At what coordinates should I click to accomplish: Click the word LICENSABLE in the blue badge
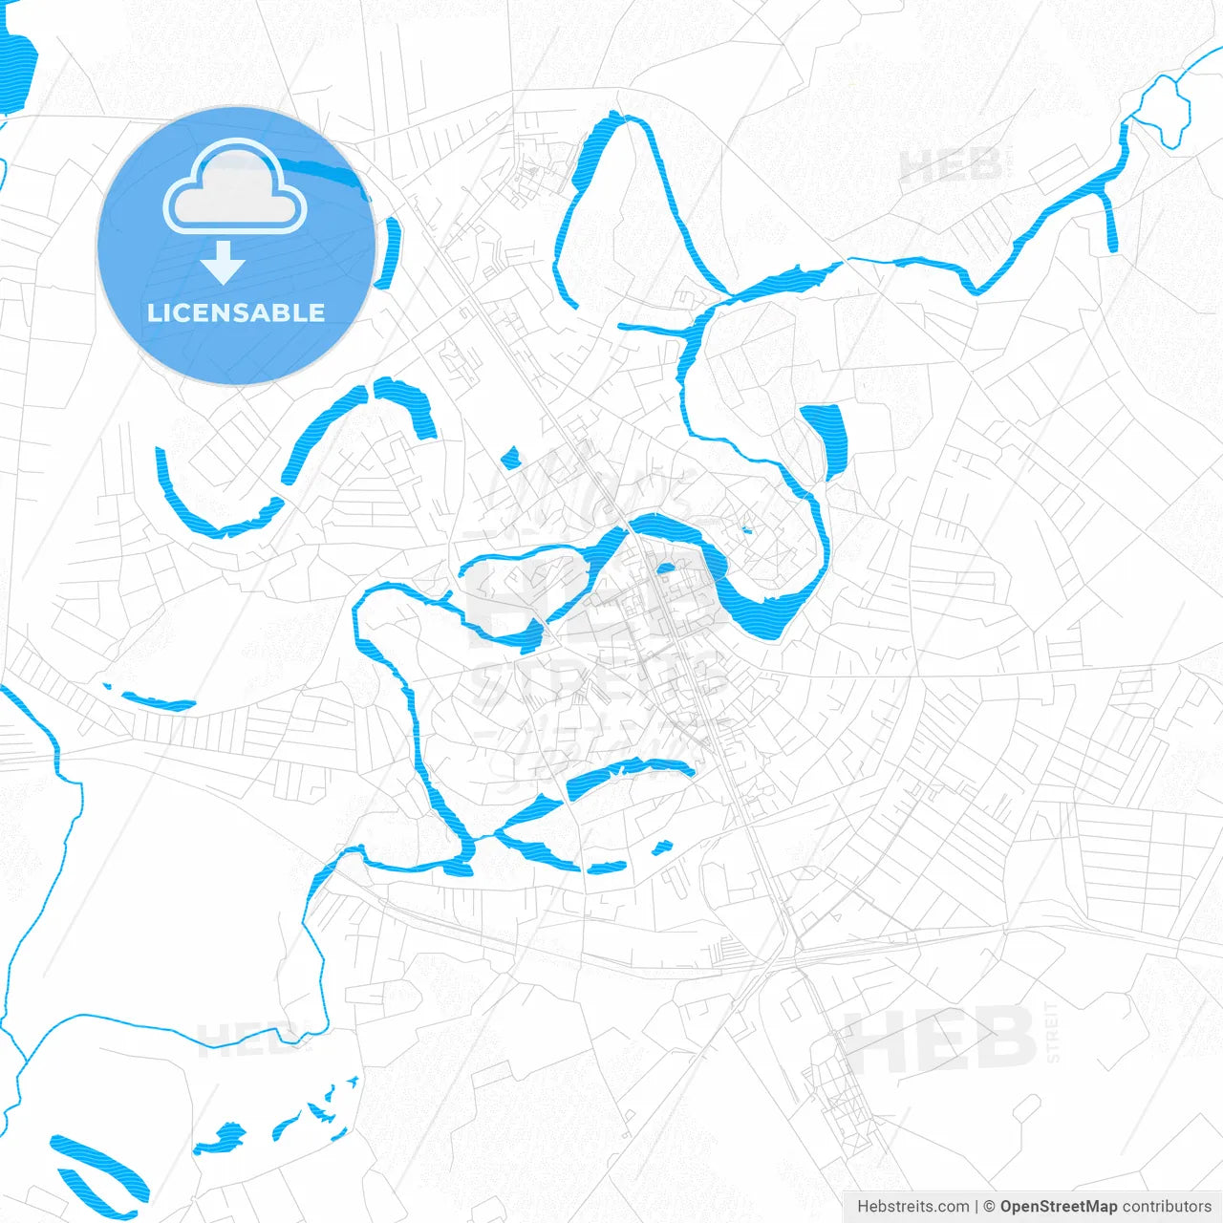click(x=236, y=312)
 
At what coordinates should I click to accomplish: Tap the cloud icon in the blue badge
click(x=235, y=188)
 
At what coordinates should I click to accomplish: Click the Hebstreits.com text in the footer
click(x=913, y=1207)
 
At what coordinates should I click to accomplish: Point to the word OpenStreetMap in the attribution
click(x=1059, y=1207)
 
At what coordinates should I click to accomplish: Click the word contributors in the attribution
click(x=1167, y=1207)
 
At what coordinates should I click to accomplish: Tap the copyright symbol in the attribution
click(x=990, y=1207)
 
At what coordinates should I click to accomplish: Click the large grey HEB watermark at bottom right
click(x=941, y=1040)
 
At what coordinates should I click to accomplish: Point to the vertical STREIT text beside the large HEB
click(x=1053, y=1032)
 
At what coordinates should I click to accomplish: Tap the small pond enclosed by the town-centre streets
click(x=666, y=570)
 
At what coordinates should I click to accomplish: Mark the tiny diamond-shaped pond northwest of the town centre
click(x=510, y=458)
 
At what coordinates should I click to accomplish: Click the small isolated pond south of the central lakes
click(x=661, y=847)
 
